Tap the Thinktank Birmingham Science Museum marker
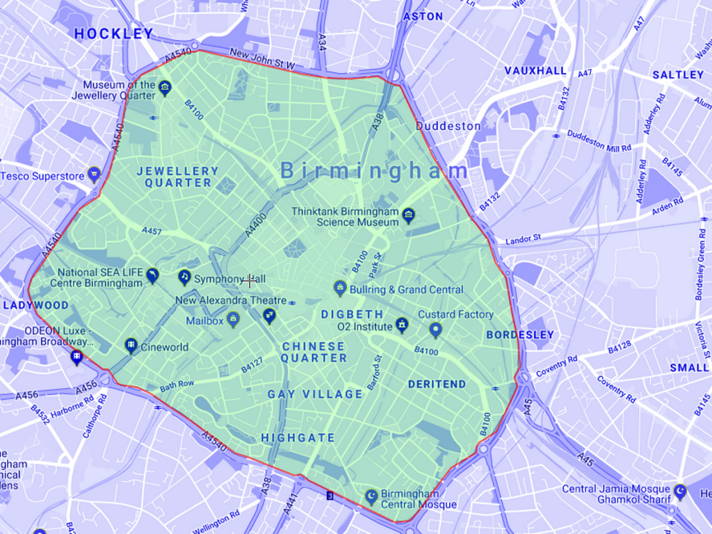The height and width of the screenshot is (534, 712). point(409,212)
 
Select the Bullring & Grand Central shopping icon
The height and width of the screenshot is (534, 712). point(340,286)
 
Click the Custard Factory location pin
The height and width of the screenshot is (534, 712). point(436,328)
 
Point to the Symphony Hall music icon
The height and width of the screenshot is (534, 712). point(184,277)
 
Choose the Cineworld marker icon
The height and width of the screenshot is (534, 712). point(130,345)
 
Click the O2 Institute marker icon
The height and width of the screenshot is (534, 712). point(401,324)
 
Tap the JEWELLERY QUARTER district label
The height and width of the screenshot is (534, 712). point(177,177)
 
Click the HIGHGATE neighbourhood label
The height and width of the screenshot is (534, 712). point(298,437)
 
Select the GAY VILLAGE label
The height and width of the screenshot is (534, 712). point(316,394)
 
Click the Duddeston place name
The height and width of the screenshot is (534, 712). point(448,126)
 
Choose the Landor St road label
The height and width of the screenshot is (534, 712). point(523,238)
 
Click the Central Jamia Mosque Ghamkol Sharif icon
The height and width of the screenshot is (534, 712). point(679,491)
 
